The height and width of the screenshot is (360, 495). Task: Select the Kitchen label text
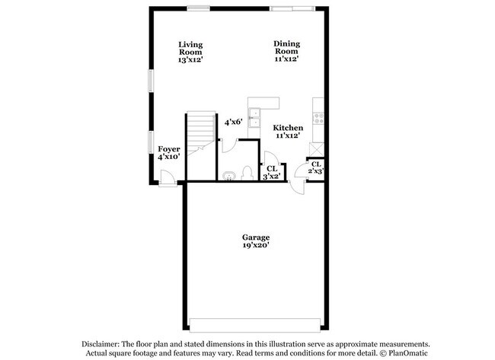pyautogui.click(x=289, y=127)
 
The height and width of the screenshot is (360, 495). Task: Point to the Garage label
pyautogui.click(x=256, y=237)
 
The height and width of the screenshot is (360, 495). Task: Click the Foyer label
pyautogui.click(x=168, y=148)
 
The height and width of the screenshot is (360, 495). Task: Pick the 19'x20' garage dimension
pyautogui.click(x=256, y=245)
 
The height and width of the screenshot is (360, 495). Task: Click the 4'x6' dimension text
pyautogui.click(x=233, y=121)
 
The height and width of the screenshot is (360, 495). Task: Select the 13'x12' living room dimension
pyautogui.click(x=190, y=59)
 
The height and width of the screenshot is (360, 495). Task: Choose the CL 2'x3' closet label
pyautogui.click(x=316, y=168)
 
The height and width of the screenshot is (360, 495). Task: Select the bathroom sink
pyautogui.click(x=229, y=176)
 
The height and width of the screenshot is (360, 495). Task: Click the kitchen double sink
pyautogui.click(x=263, y=119)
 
